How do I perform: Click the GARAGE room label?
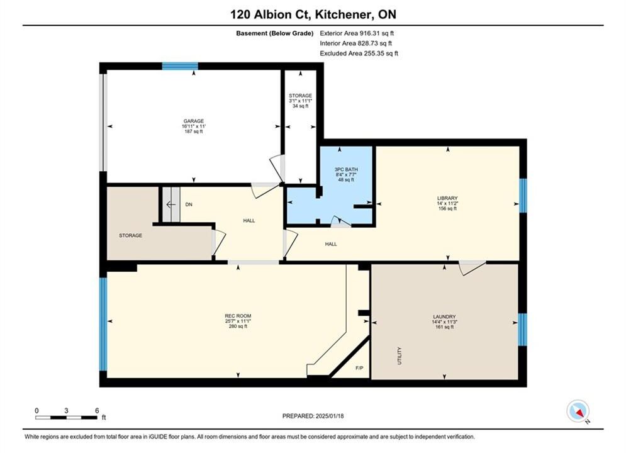[x=194, y=121]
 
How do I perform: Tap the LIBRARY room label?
[x=447, y=198]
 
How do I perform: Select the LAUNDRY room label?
[x=444, y=316]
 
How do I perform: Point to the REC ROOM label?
[x=238, y=316]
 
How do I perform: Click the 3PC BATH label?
[x=346, y=169]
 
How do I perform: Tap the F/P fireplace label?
[x=359, y=368]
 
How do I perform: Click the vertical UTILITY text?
[x=400, y=355]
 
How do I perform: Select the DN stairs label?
[x=189, y=204]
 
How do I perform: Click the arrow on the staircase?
[x=171, y=204]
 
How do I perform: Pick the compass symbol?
[x=578, y=411]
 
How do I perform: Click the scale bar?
[x=66, y=418]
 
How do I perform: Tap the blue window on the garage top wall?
[x=180, y=66]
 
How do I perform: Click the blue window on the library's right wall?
[x=523, y=196]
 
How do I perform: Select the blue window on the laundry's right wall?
[x=522, y=330]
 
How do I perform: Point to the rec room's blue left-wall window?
[x=103, y=324]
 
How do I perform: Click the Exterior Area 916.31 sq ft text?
[x=357, y=33]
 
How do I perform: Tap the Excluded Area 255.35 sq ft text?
[x=359, y=53]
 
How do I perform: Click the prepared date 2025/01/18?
[x=330, y=416]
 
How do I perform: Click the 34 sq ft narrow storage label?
[x=301, y=106]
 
